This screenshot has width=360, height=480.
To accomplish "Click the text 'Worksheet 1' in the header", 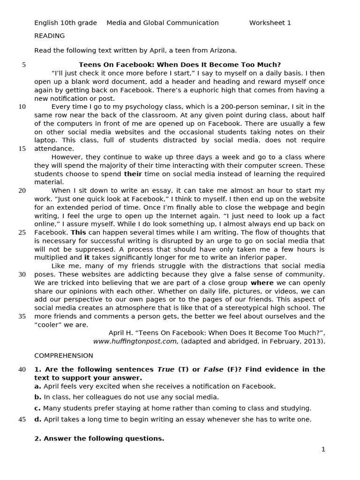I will (x=270, y=23).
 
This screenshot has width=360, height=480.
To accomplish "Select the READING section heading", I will (x=49, y=36).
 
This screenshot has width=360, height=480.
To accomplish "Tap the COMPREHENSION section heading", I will (x=63, y=356).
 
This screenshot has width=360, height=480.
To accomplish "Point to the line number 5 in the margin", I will (x=24, y=65).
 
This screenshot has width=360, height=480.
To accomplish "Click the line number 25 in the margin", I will (x=22, y=232).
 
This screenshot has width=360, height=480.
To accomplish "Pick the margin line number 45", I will (x=22, y=420).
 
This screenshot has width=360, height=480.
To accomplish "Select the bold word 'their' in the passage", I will (x=132, y=174).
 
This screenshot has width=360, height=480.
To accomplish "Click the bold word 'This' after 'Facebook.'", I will (x=78, y=232).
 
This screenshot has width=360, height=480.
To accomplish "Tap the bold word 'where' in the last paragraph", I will (x=262, y=283).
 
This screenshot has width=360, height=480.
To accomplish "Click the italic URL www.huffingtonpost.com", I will (x=135, y=341).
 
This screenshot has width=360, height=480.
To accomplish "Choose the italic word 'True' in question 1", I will (x=165, y=369).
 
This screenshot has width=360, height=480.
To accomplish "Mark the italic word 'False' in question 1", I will (x=213, y=369).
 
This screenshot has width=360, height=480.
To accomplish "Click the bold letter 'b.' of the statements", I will (x=37, y=397).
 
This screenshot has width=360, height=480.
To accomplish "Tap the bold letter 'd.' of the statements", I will (x=37, y=420).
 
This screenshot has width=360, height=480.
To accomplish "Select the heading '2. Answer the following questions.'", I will (x=99, y=439).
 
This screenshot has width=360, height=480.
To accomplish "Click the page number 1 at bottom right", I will (x=323, y=450).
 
